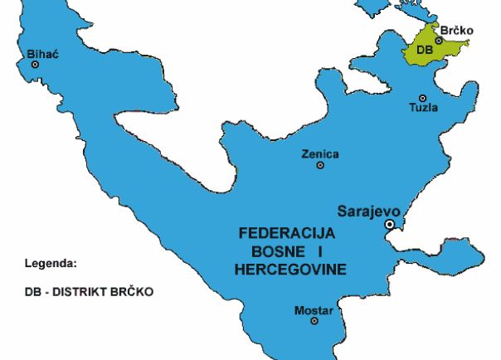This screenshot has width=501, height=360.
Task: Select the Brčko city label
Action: pos(457,31)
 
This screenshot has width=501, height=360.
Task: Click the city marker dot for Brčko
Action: pos(439,40)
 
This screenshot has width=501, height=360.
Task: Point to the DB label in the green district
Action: pos(424,50)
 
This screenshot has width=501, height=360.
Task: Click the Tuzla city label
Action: pos(424,108)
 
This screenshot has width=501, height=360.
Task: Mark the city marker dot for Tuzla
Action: pos(422,98)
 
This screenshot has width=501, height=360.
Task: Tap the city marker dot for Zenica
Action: pos(320,165)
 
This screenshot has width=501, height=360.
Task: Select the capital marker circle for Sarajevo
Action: pos(389,225)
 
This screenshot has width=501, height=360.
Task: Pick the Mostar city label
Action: pos(314,310)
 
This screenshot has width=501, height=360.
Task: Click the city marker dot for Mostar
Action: pos(314,321)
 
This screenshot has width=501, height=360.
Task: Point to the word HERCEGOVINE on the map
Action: pos(290,270)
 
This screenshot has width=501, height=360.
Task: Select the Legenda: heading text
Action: pos(51,264)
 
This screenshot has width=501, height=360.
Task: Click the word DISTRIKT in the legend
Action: pos(87,292)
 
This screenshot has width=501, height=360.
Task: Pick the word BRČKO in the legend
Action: pos(135,292)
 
